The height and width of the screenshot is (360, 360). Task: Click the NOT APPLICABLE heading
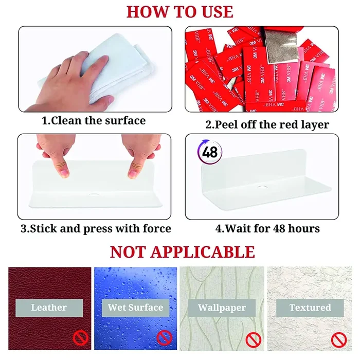pyautogui.click(x=183, y=252)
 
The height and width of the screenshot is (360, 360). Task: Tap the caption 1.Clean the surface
pyautogui.click(x=94, y=121)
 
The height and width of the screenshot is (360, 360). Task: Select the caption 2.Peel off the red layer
pyautogui.click(x=267, y=124)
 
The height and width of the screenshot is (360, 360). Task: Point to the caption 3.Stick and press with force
pyautogui.click(x=96, y=228)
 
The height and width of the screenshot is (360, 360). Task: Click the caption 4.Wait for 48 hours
pyautogui.click(x=267, y=228)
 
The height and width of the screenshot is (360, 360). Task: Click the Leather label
pyautogui.click(x=49, y=308)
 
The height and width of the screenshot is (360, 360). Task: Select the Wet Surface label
pyautogui.click(x=135, y=308)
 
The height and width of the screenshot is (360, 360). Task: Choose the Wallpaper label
pyautogui.click(x=222, y=308)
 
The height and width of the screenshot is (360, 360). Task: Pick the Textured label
pyautogui.click(x=310, y=308)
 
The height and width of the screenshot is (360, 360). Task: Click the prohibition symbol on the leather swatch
pyautogui.click(x=80, y=338)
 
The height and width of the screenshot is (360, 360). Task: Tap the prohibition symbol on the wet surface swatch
pyautogui.click(x=164, y=338)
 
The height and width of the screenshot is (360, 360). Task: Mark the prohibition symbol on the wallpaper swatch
pyautogui.click(x=253, y=339)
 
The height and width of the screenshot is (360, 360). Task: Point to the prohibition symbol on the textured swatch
pyautogui.click(x=339, y=339)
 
